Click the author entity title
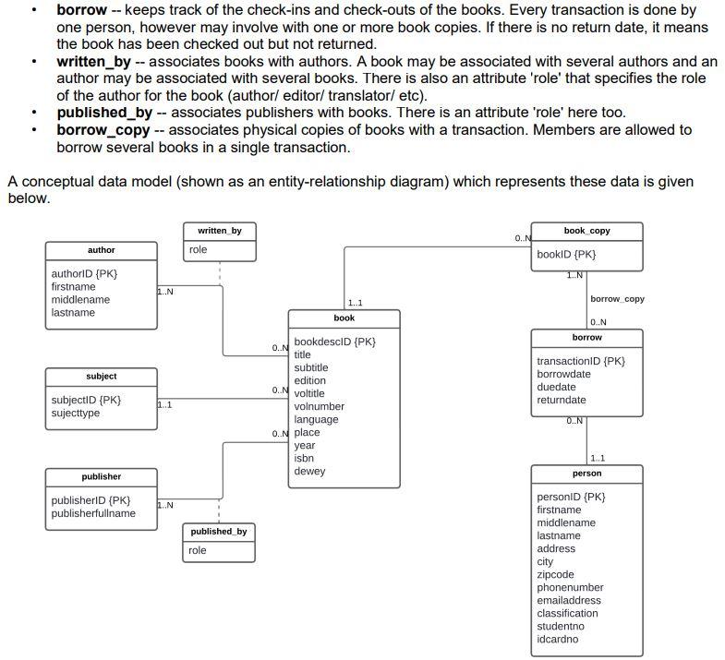click(102, 250)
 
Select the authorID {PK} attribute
click(84, 274)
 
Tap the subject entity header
click(102, 377)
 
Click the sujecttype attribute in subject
click(76, 413)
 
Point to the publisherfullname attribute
click(93, 513)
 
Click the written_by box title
click(219, 230)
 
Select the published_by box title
click(219, 532)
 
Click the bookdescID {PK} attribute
click(334, 342)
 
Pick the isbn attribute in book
click(304, 458)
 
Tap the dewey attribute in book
click(309, 471)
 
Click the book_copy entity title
click(586, 231)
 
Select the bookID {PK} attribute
click(566, 254)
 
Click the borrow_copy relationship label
click(617, 299)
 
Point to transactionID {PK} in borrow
click(581, 361)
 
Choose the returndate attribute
click(562, 400)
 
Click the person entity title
click(586, 474)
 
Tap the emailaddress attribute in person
click(569, 600)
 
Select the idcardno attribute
click(558, 639)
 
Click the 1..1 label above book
click(355, 303)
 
